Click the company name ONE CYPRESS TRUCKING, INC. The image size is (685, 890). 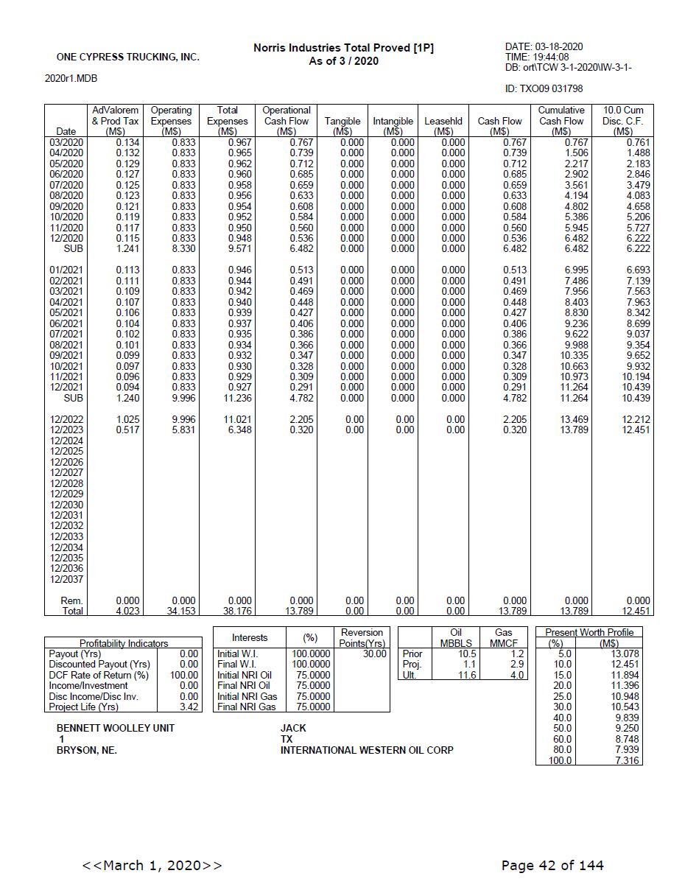127,57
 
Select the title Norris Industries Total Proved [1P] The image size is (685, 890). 343,48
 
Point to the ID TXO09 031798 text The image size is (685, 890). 544,88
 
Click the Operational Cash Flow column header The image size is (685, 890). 287,121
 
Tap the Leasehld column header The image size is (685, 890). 443,121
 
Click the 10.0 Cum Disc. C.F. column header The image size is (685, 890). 622,121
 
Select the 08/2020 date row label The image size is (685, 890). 66,195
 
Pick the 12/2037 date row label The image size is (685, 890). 66,579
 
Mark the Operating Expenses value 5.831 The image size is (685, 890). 183,430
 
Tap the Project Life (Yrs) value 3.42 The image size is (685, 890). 189,707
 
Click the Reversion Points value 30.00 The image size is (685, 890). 374,654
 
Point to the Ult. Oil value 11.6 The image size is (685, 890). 466,675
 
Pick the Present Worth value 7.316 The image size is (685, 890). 626,760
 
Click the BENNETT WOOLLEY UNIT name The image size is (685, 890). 116,728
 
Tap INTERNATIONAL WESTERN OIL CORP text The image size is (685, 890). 367,750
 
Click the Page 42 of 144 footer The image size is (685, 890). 552,865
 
